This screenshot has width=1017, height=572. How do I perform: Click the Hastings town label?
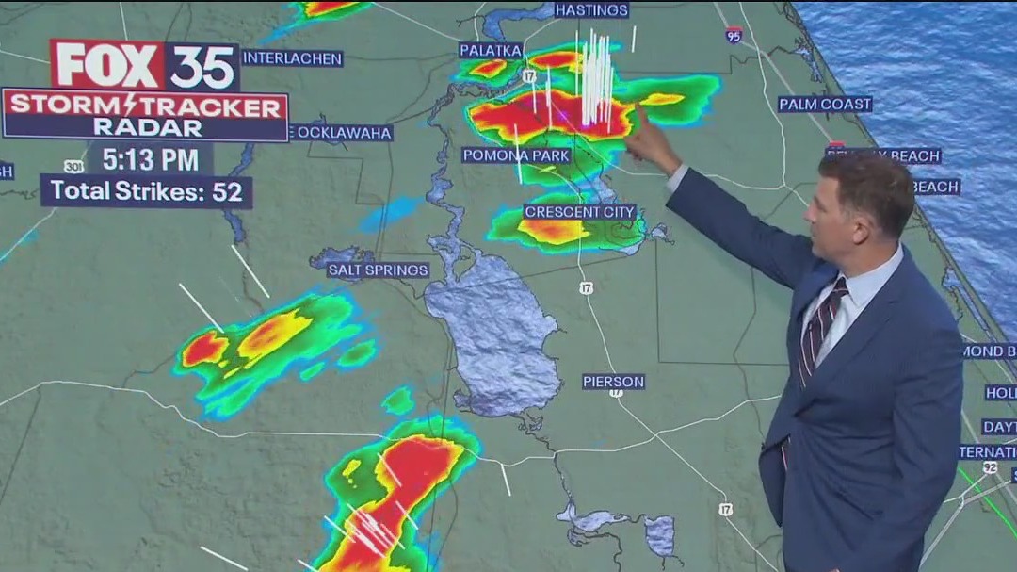coord(591,10)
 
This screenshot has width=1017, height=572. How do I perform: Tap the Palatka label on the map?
coord(491,50)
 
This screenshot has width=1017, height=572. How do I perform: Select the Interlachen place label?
coord(292,57)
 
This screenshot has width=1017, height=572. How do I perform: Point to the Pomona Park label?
coord(516,155)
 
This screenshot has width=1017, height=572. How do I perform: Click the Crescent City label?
coord(580,212)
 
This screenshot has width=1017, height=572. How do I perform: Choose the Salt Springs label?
coord(378,270)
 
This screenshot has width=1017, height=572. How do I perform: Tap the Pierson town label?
coord(613,382)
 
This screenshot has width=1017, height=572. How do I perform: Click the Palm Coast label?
coord(825,104)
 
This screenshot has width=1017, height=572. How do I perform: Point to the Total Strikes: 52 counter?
coord(146,190)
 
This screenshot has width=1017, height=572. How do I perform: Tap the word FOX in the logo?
coord(108,65)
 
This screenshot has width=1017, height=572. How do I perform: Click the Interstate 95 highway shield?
coord(734,35)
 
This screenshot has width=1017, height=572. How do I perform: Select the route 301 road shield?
coord(73,167)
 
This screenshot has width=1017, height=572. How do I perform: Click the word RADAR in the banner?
coord(146,128)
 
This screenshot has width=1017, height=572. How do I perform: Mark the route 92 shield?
coord(990,466)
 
